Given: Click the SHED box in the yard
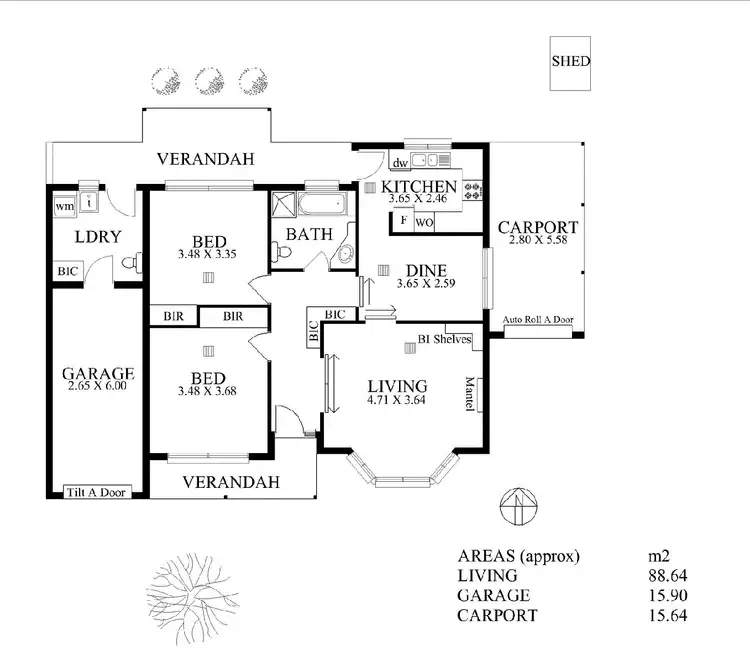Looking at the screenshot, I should coord(571,61).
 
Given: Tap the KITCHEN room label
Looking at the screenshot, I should coord(419,187).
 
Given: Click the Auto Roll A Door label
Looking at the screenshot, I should coord(539,320).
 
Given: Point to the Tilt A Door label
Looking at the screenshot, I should coord(97,491).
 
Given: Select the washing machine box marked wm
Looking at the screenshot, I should coord(64,205).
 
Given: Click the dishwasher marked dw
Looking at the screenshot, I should coord(399,162).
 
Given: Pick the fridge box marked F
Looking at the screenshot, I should coord(403,220).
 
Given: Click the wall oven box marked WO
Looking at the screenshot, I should coord(424,221).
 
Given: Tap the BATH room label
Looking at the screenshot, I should coord(305,234).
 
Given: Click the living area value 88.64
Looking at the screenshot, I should coord(669,575).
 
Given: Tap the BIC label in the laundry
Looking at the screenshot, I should coord(67,270).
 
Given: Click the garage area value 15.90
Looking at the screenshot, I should coord(669,595).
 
